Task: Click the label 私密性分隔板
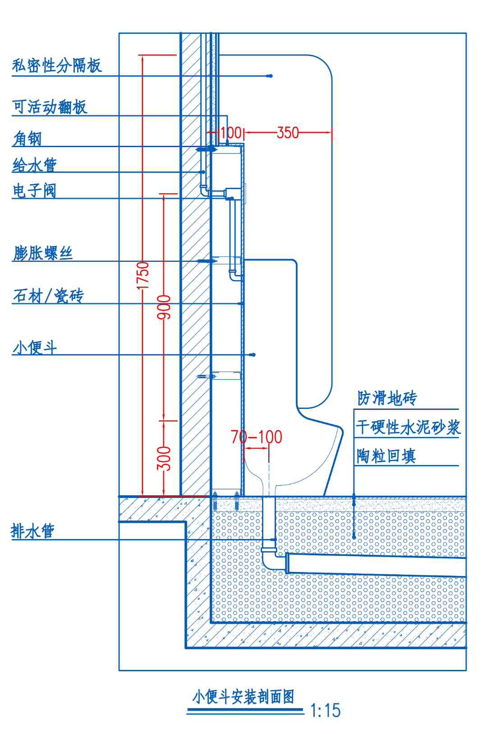(57, 65)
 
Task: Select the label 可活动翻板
(50, 107)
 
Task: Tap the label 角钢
(27, 138)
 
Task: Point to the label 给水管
(35, 165)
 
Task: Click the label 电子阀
(35, 190)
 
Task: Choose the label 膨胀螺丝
(43, 253)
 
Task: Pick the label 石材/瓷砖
(48, 296)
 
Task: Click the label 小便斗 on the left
(35, 348)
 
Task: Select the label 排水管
(32, 531)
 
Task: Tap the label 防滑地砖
(387, 398)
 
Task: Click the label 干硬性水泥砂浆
(408, 427)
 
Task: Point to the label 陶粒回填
(386, 456)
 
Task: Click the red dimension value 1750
(142, 275)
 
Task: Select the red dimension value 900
(164, 307)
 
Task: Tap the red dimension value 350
(288, 133)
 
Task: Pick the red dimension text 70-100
(256, 437)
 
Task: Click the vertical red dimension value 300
(164, 458)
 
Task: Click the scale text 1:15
(325, 711)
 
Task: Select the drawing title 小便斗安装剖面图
(243, 697)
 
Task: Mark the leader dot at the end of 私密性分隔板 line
(270, 76)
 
